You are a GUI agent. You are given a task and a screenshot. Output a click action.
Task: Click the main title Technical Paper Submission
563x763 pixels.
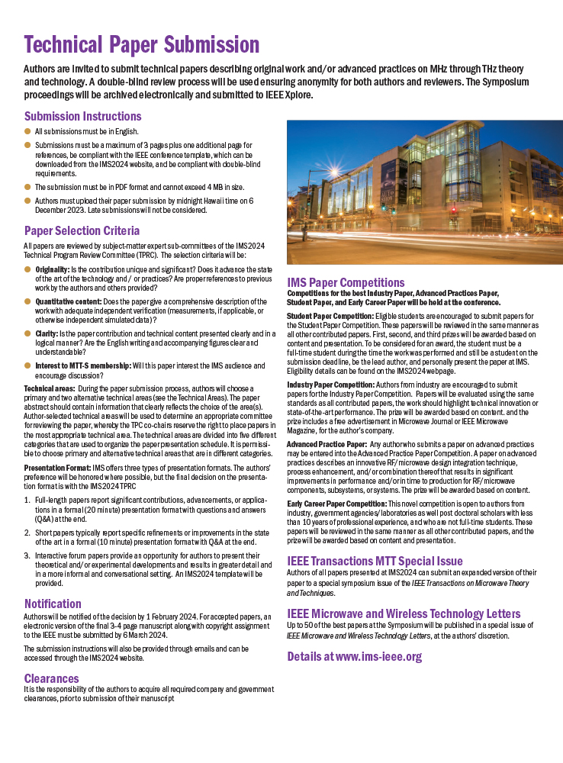pyautogui.click(x=141, y=45)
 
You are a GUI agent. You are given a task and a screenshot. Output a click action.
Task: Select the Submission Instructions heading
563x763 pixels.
pyautogui.click(x=82, y=117)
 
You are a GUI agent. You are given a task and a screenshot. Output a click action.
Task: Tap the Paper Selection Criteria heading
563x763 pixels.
pyautogui.click(x=82, y=230)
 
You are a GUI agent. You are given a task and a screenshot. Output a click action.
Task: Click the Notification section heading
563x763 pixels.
pyautogui.click(x=53, y=604)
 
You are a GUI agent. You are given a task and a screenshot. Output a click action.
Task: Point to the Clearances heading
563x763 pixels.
pyautogui.click(x=51, y=678)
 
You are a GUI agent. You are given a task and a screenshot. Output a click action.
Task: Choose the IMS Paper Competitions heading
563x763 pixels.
pyautogui.click(x=346, y=282)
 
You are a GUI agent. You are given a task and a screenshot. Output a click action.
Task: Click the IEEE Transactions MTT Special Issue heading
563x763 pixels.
pyautogui.click(x=375, y=561)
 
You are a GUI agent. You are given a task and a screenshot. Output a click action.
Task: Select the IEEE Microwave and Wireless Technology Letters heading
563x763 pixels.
pyautogui.click(x=404, y=613)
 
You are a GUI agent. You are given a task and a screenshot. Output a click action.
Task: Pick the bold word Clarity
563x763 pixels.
pyautogui.click(x=47, y=333)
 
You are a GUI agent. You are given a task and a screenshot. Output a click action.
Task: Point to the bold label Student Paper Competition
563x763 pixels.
pyautogui.click(x=330, y=316)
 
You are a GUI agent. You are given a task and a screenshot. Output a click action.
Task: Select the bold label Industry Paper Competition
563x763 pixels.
pyautogui.click(x=330, y=385)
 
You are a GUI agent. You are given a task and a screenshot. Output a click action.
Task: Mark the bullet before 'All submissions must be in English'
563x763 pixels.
pyautogui.click(x=27, y=131)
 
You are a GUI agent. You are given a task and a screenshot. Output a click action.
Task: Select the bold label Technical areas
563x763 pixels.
pyautogui.click(x=49, y=388)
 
